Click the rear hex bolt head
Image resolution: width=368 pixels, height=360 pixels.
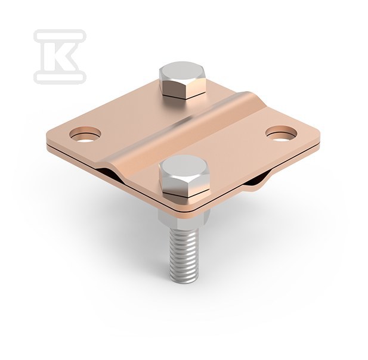[x=183, y=80]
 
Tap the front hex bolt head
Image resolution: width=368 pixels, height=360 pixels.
[x=184, y=175]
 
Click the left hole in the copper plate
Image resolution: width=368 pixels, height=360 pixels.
[x=85, y=135]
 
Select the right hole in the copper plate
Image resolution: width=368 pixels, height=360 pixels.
[x=281, y=134]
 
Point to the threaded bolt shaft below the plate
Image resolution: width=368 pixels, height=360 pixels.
[x=183, y=256]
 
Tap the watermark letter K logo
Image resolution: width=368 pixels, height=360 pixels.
[x=60, y=57]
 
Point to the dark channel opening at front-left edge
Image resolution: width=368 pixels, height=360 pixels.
[x=109, y=173]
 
